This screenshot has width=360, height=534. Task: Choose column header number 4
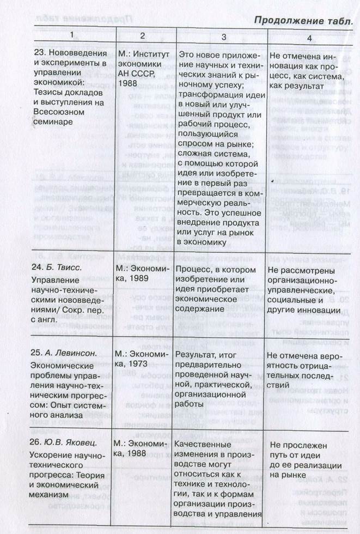pos(309,38)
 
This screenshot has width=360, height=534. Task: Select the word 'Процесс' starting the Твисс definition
pos(194,270)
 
